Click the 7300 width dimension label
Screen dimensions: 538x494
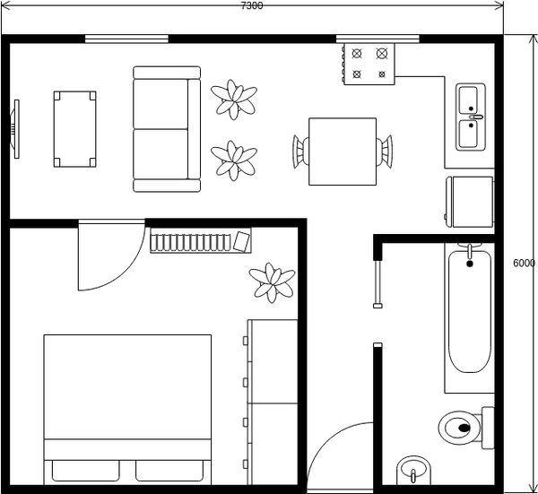coord(252,5)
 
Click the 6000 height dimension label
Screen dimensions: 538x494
coord(524,263)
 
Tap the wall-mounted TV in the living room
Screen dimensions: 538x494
coord(15,129)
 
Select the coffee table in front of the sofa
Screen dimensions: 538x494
coord(74,129)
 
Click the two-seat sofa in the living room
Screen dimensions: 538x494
coord(167,129)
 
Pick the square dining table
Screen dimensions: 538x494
coord(343,152)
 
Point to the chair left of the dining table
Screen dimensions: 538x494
coord(300,152)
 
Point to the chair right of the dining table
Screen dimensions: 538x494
coord(385,152)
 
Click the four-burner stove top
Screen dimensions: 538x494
coord(369,64)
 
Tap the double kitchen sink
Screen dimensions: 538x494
coord(471,117)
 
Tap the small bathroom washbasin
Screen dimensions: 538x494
coord(413,471)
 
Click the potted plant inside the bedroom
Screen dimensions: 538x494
coord(272,282)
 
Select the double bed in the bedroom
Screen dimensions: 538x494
coord(127,410)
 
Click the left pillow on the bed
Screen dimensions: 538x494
coord(86,471)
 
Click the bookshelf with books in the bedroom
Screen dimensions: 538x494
coord(200,240)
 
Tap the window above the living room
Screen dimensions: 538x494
coord(126,39)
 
